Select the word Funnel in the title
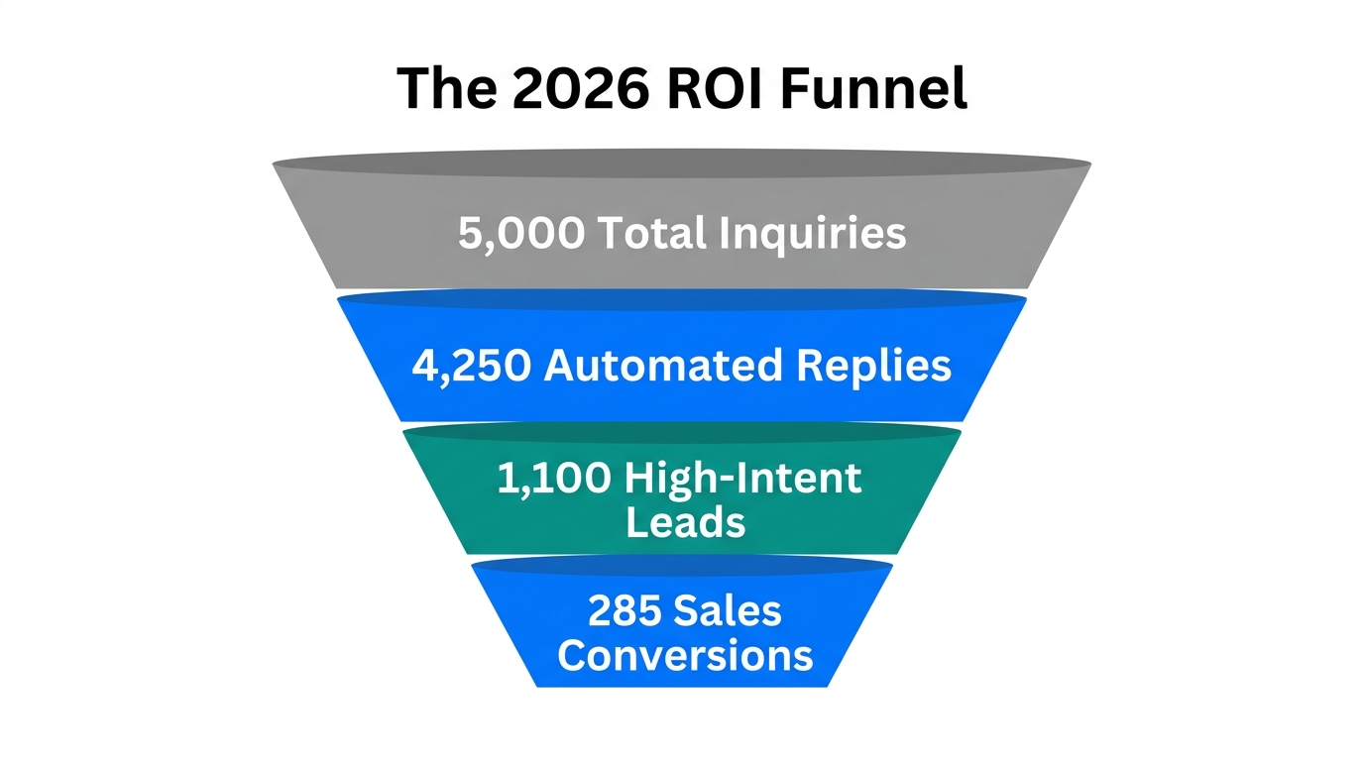pos(873,89)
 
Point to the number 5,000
pos(521,234)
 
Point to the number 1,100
pos(553,480)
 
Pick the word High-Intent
pos(744,480)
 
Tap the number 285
pos(624,611)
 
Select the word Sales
pos(728,611)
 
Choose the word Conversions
pos(685,655)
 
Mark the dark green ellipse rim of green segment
pos(682,433)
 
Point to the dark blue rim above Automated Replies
pos(682,298)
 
